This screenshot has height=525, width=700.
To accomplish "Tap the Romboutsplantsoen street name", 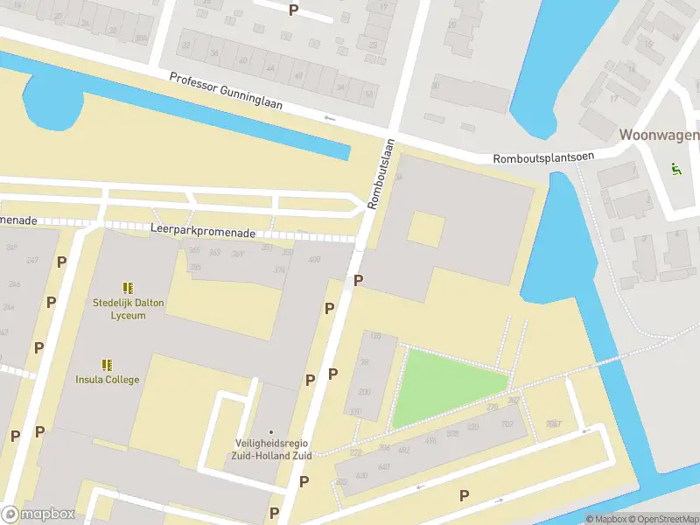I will pyautogui.click(x=543, y=157).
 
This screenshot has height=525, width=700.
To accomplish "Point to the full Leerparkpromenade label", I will pyautogui.click(x=202, y=234).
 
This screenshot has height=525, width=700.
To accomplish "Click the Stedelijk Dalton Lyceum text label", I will pyautogui.click(x=128, y=309).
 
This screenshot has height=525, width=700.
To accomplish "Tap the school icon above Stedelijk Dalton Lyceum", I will pyautogui.click(x=128, y=287).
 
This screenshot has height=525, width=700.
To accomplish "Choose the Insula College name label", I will pyautogui.click(x=107, y=379).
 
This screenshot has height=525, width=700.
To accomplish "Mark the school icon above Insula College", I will pyautogui.click(x=107, y=364).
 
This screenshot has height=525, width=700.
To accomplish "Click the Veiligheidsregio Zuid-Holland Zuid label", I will pyautogui.click(x=270, y=449).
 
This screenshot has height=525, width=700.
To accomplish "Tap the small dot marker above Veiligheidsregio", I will pyautogui.click(x=270, y=432).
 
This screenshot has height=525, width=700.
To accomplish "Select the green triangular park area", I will pyautogui.click(x=442, y=385).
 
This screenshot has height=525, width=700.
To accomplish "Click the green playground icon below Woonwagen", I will pyautogui.click(x=674, y=169).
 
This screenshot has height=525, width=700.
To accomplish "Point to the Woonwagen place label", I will pyautogui.click(x=659, y=135).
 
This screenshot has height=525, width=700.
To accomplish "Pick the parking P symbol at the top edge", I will pyautogui.click(x=293, y=10).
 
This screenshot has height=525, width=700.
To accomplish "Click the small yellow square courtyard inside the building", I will pyautogui.click(x=426, y=229).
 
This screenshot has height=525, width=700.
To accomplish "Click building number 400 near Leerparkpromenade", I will pyautogui.click(x=313, y=260).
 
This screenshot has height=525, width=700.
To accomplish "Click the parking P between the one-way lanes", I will pyautogui.click(x=464, y=495).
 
